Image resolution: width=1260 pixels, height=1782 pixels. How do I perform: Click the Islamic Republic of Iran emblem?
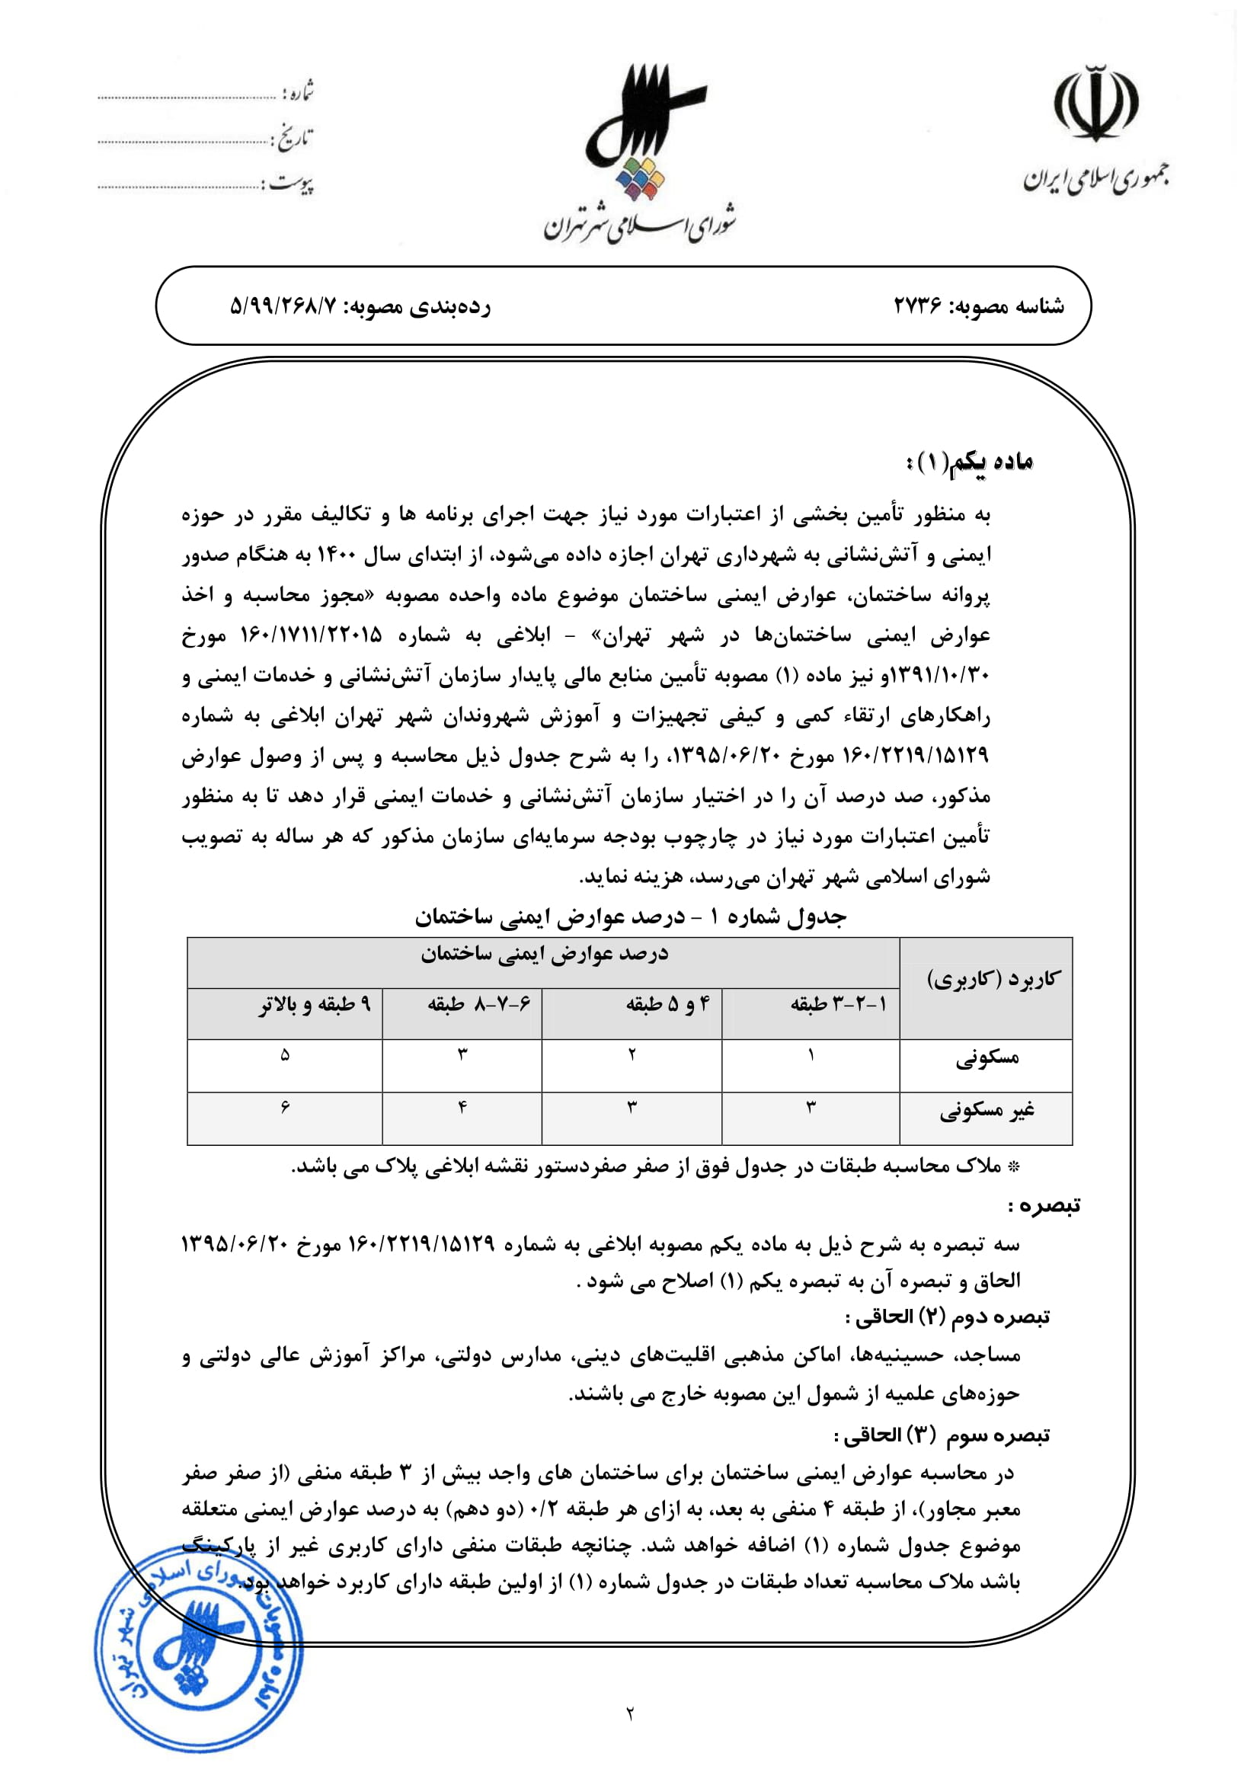click(1095, 104)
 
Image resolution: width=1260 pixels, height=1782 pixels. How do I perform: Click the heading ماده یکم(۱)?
click(969, 462)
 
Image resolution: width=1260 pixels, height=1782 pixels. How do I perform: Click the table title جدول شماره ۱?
click(630, 917)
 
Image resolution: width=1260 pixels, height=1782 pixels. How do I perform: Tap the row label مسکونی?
click(987, 1057)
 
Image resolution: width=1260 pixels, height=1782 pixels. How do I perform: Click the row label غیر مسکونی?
click(987, 1112)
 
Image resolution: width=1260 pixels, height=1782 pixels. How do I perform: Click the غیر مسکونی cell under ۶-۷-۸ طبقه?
click(462, 1108)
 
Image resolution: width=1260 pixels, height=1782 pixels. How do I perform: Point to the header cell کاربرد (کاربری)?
click(993, 980)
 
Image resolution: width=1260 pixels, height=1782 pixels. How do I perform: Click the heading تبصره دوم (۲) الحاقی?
click(948, 1317)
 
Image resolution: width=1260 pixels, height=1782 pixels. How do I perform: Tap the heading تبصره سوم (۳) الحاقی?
click(942, 1436)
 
